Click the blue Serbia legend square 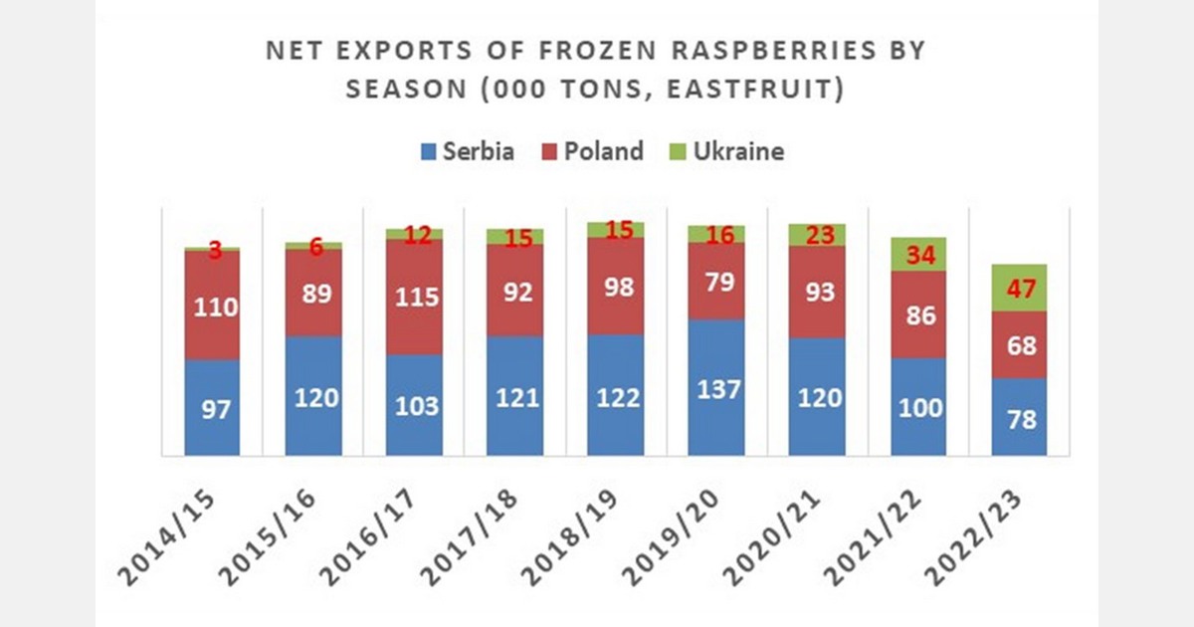[x=430, y=153]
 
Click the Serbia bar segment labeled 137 [x=716, y=388]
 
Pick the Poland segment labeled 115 [x=415, y=298]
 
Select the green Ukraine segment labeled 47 [x=1018, y=289]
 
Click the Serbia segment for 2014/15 [x=213, y=407]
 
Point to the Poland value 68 [x=1018, y=345]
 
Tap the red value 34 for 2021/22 [x=917, y=255]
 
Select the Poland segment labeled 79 [x=716, y=282]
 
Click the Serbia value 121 [x=515, y=397]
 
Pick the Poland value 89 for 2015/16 [x=314, y=293]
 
